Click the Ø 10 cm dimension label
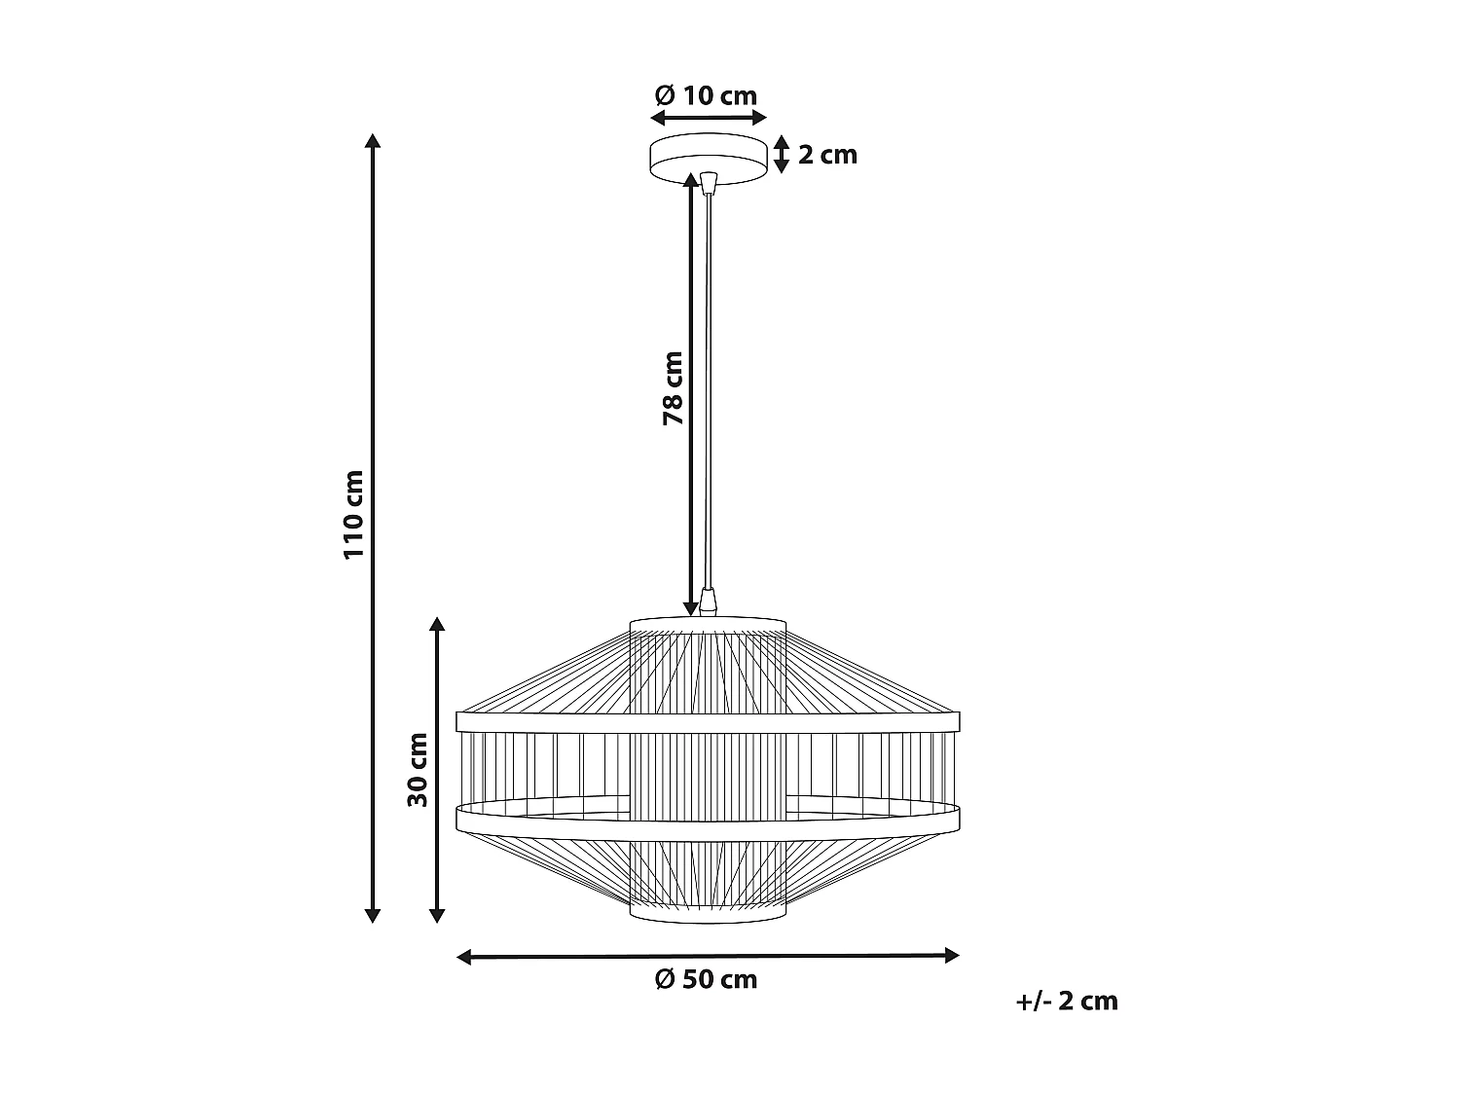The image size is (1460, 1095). click(707, 95)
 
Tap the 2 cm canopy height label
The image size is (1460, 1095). click(827, 155)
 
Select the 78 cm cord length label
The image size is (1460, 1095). click(673, 387)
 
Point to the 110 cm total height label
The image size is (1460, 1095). click(353, 514)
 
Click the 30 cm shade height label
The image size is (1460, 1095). click(419, 769)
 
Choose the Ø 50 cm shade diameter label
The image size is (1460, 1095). click(707, 979)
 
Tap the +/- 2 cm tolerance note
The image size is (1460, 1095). click(1067, 1001)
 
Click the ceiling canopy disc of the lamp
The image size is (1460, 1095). click(708, 158)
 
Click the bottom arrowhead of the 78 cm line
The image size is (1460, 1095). click(692, 607)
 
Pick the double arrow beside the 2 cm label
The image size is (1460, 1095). click(781, 155)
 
